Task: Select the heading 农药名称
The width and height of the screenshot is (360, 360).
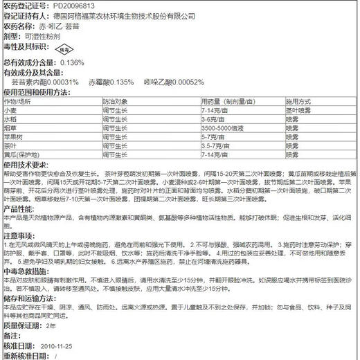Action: [x=18, y=26]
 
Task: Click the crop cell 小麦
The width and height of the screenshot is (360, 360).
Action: [x=10, y=110]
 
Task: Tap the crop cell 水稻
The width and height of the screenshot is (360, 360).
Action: [x=10, y=119]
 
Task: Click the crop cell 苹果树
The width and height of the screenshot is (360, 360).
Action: [x=13, y=137]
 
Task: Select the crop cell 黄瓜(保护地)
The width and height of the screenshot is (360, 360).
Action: [x=21, y=155]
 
